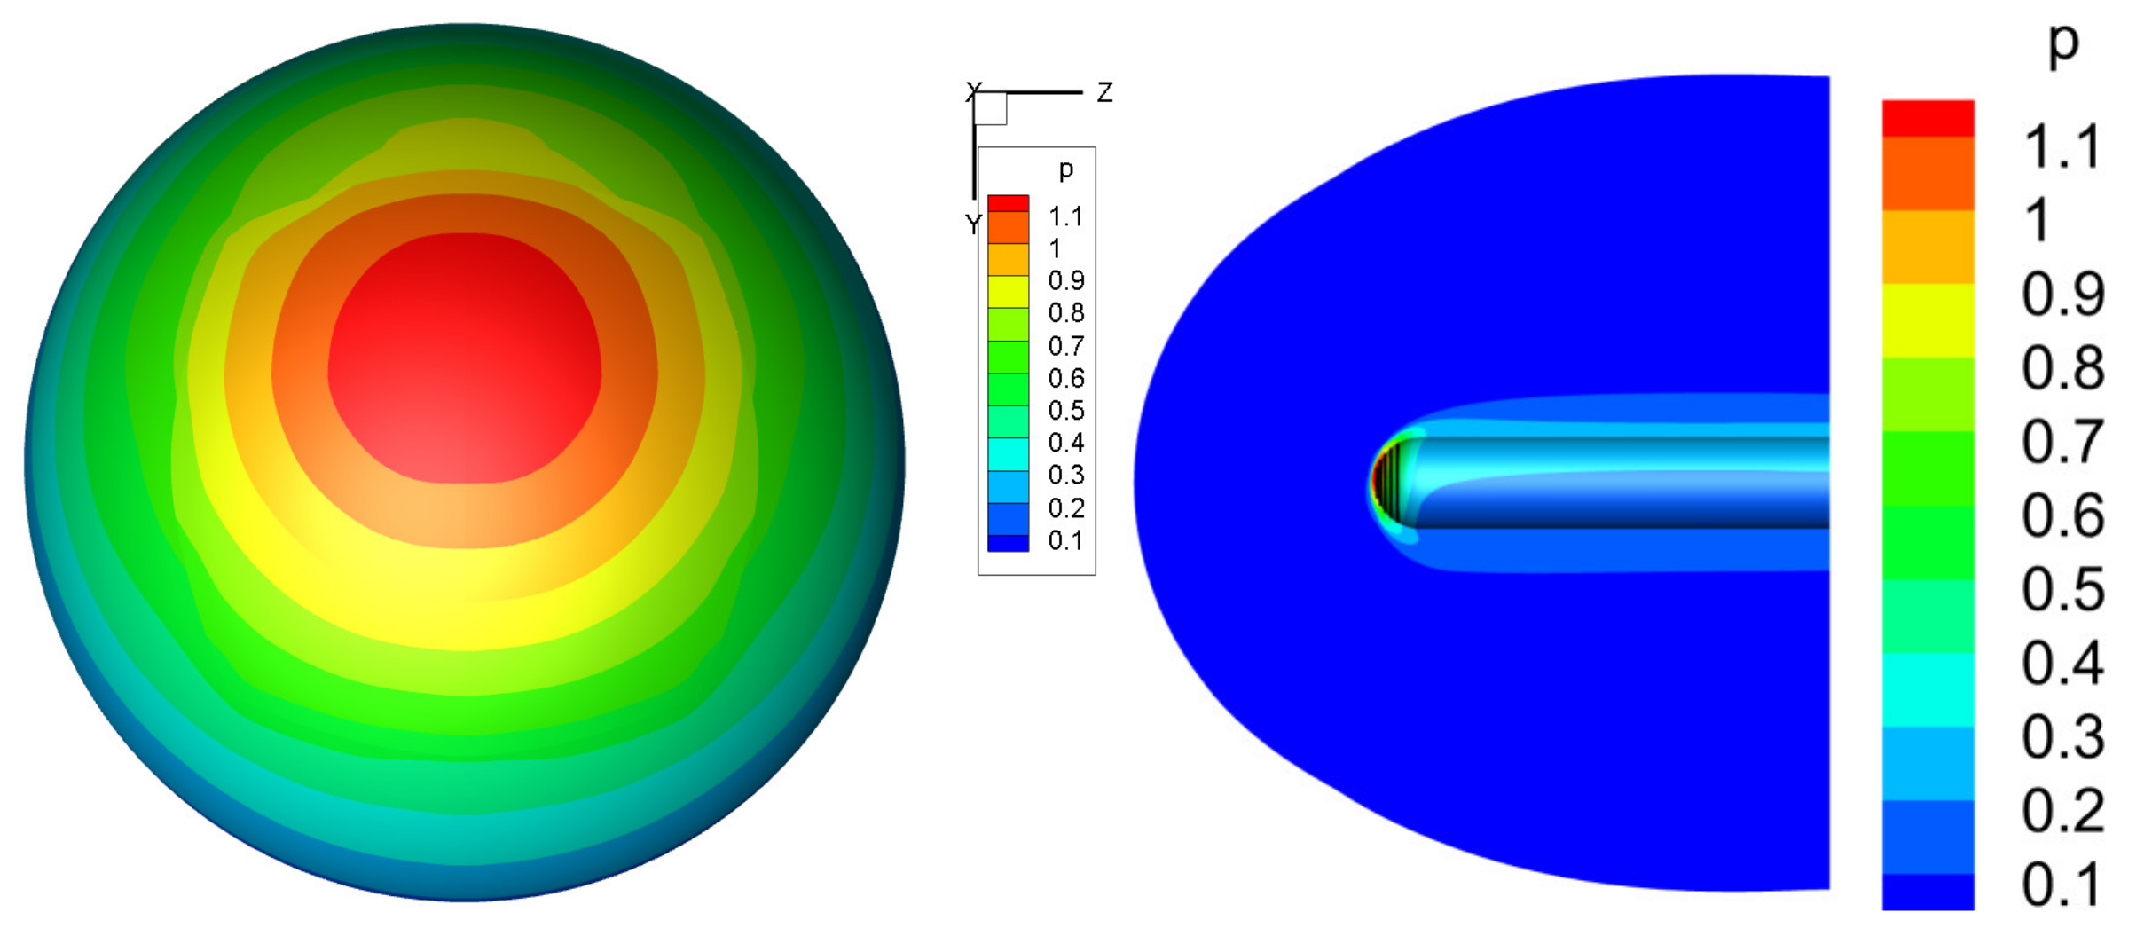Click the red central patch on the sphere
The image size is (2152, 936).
(465, 358)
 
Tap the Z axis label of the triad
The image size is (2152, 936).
(1104, 92)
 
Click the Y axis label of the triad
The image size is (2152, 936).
(973, 224)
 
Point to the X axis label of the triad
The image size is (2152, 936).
(973, 90)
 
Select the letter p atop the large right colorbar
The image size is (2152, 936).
(2063, 43)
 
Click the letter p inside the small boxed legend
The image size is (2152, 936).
(1066, 169)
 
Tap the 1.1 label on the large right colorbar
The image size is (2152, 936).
(2062, 146)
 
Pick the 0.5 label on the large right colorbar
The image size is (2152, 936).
(2062, 589)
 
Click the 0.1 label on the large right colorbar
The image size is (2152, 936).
(2062, 885)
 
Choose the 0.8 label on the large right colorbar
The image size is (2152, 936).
(2062, 368)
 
